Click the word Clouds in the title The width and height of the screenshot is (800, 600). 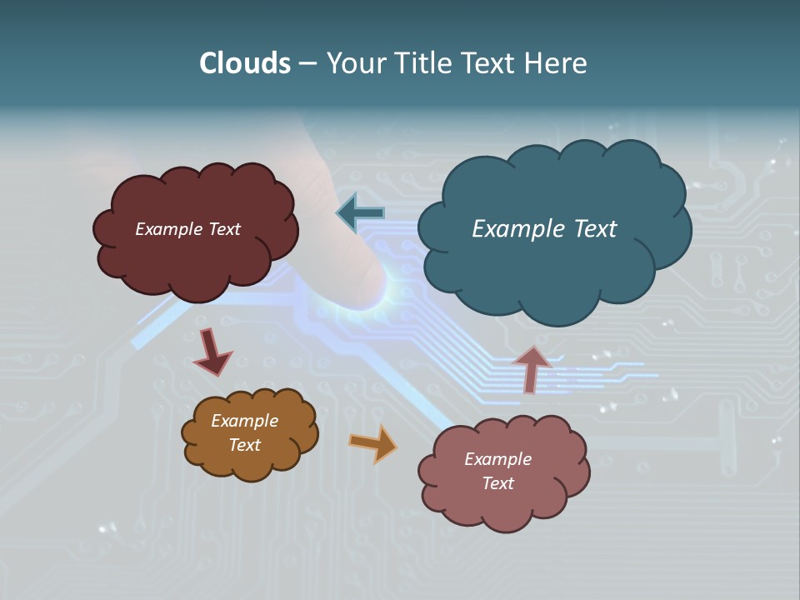click(245, 63)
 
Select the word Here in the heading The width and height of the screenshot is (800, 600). click(557, 63)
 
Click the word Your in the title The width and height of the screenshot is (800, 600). click(355, 63)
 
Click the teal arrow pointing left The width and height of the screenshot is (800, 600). click(361, 213)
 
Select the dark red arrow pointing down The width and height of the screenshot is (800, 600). click(212, 353)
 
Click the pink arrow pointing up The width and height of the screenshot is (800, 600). click(531, 368)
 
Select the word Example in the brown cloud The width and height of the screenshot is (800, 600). click(244, 421)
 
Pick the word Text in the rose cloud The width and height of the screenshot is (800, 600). click(497, 483)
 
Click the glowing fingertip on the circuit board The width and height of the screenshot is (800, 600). click(375, 287)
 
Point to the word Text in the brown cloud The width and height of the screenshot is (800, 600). click(244, 445)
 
